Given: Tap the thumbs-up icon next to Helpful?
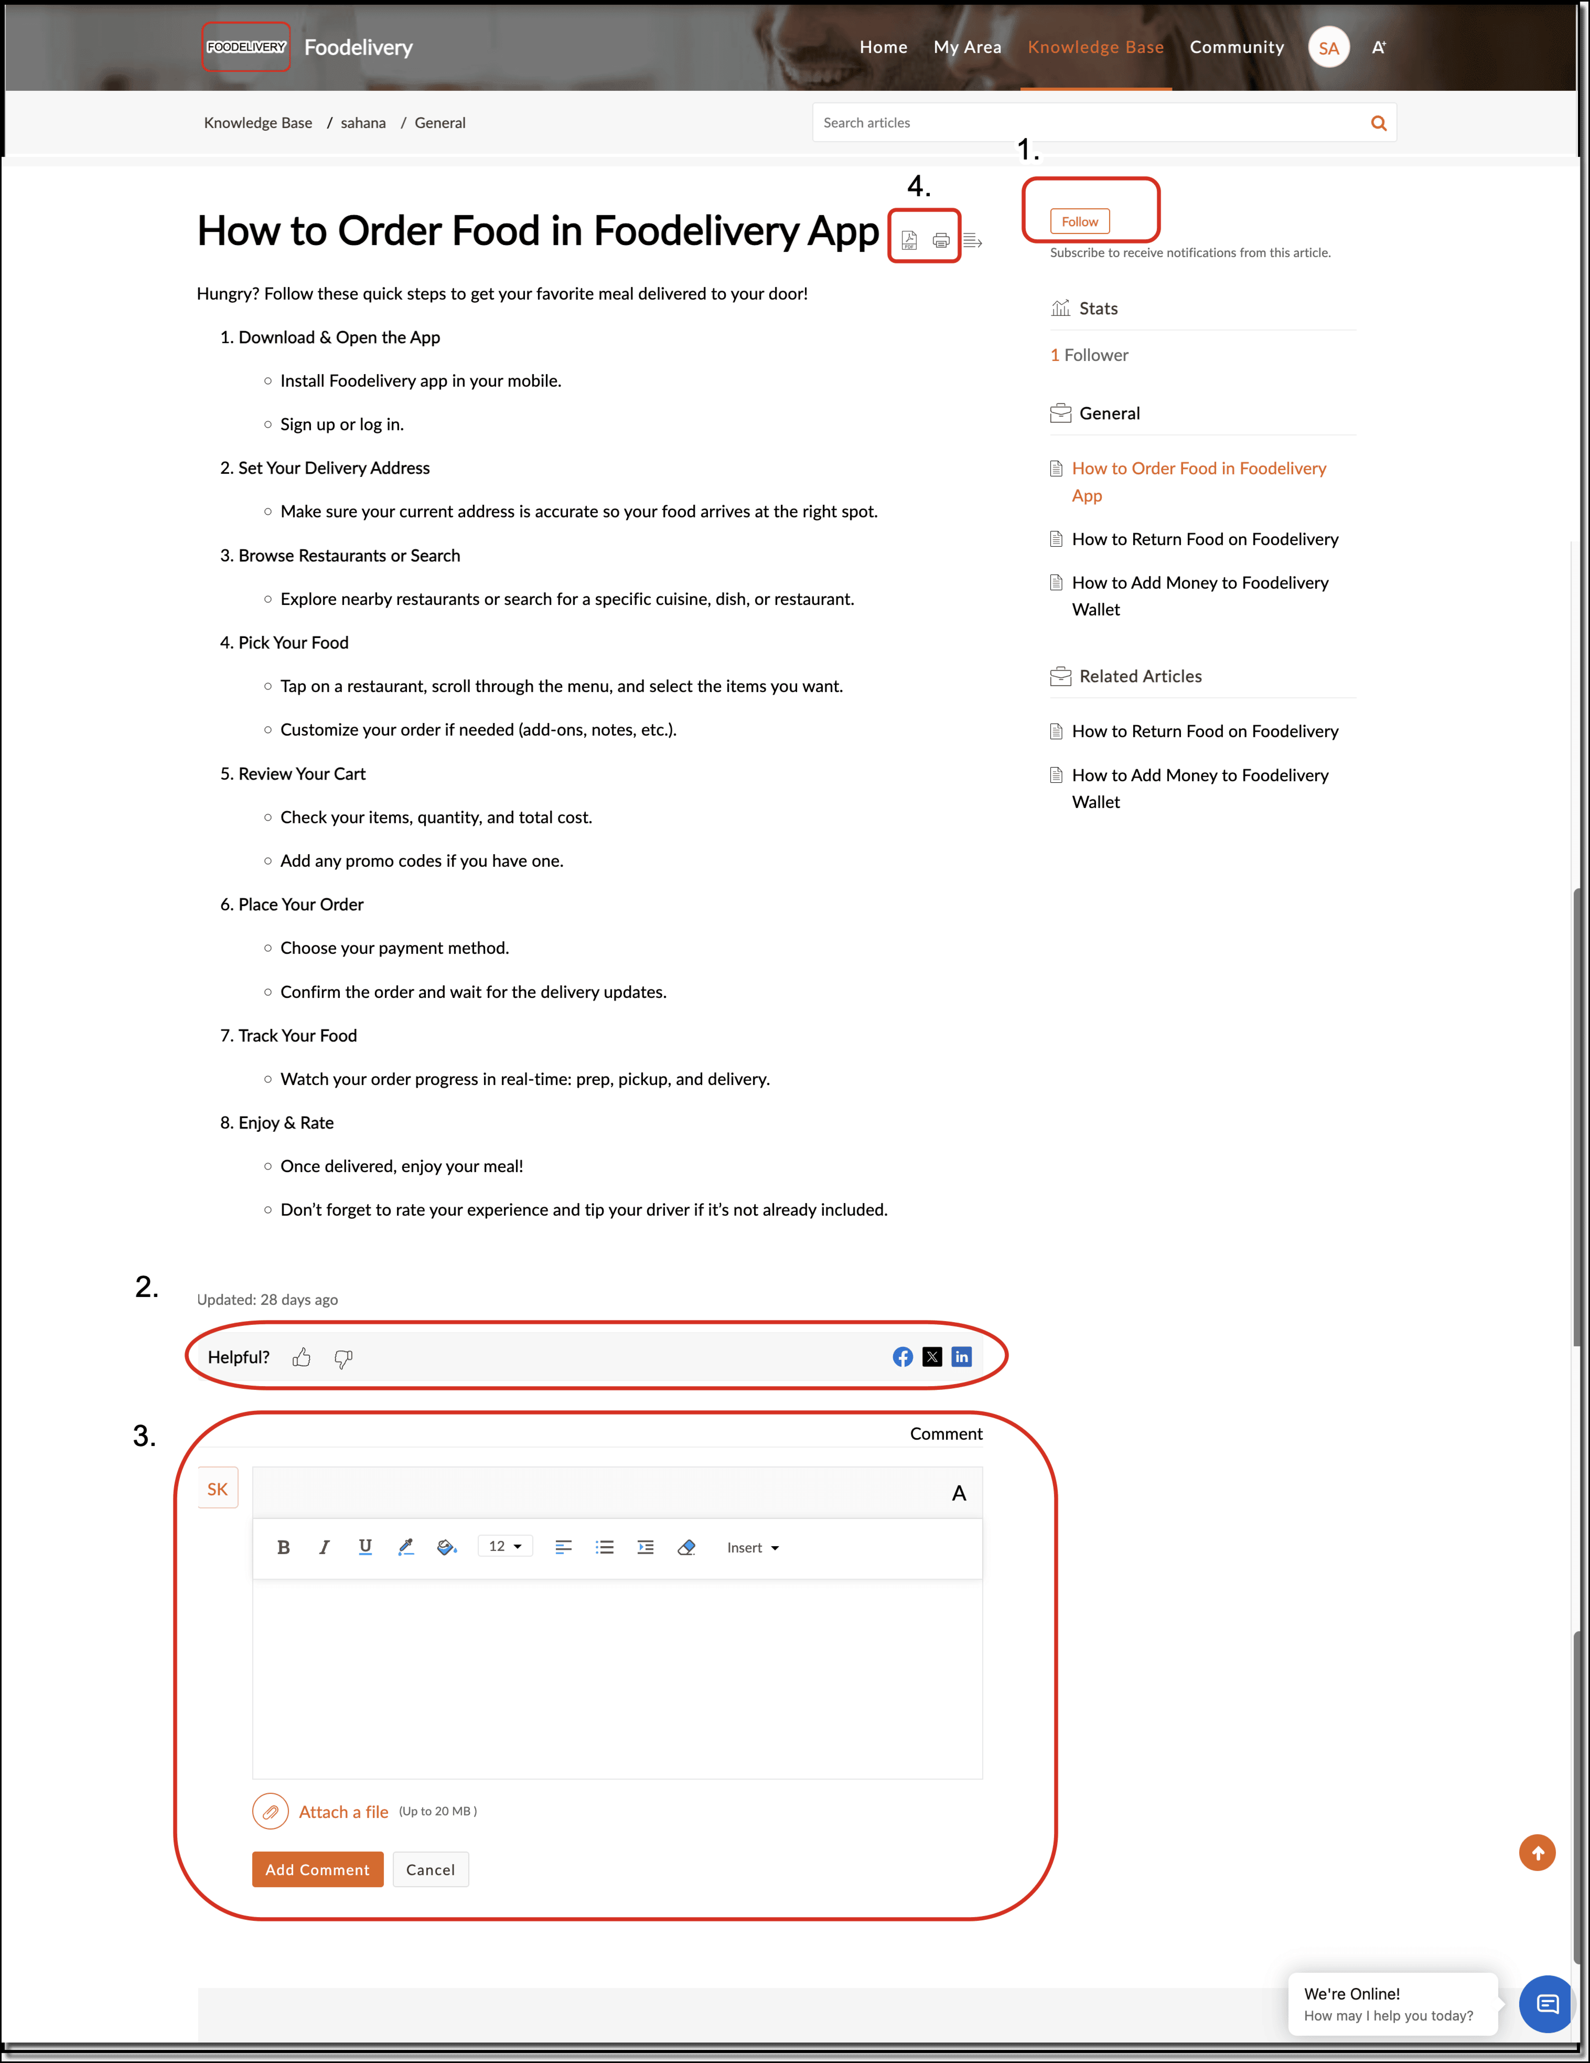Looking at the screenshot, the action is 301,1357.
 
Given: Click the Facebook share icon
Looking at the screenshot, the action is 903,1357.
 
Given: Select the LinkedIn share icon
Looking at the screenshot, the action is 961,1357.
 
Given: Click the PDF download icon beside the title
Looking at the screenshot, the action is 908,240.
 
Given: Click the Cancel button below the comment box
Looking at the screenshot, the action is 431,1869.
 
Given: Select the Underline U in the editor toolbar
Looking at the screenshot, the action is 366,1546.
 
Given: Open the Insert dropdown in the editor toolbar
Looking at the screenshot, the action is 753,1547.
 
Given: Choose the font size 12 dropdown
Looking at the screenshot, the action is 505,1546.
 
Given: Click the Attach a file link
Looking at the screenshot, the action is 344,1812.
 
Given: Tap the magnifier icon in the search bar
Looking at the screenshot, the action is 1378,123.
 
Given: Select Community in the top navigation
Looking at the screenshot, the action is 1237,47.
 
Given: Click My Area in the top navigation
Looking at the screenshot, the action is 968,47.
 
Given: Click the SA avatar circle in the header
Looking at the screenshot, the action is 1329,47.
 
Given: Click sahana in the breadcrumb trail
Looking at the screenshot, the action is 363,123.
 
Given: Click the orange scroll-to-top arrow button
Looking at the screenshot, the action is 1537,1852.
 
